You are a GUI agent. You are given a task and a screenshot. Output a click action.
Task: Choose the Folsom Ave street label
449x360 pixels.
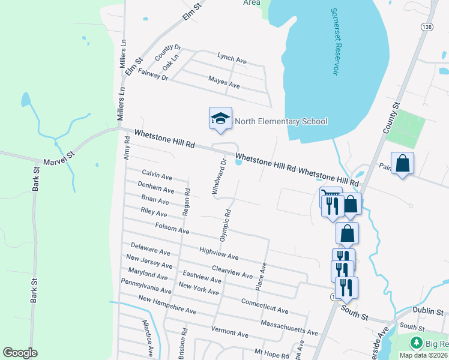pyautogui.click(x=172, y=229)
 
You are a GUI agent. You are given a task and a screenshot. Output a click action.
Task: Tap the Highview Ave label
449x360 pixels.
pyautogui.click(x=218, y=253)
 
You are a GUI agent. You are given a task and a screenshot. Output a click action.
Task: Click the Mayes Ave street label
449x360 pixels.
pyautogui.click(x=224, y=83)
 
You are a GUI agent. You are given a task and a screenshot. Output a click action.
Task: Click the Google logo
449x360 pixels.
pyautogui.click(x=20, y=353)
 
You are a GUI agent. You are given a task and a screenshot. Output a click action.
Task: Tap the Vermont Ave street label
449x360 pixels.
pyautogui.click(x=229, y=332)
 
